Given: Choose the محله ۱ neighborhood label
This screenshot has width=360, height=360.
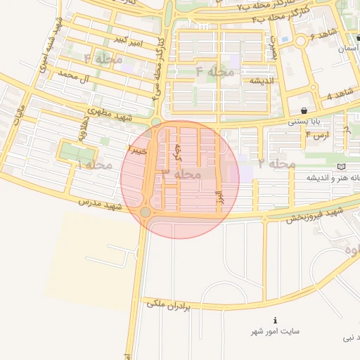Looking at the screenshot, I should coord(94,165).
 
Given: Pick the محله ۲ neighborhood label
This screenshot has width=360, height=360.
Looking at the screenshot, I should coord(275,164).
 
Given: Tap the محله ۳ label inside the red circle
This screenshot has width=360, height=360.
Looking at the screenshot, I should coord(181,173).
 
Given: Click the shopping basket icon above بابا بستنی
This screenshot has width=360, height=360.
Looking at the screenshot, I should coord(303,110).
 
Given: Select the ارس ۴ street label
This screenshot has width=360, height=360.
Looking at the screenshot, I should coord(318,134).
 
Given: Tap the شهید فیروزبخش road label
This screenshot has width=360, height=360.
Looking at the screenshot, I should coord(315,214).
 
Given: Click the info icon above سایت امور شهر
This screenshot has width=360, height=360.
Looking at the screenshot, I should coord(275,319).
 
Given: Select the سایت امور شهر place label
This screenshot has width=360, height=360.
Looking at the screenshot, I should coord(277,330).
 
